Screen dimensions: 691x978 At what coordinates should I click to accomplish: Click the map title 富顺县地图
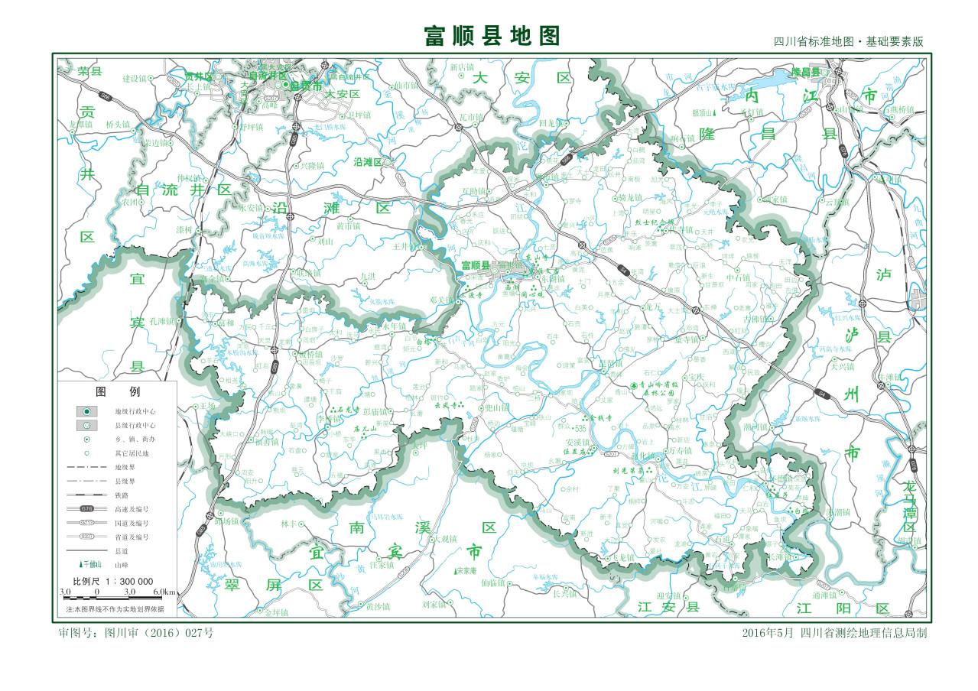click(492, 36)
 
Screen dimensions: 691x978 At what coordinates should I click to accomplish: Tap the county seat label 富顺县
click(475, 265)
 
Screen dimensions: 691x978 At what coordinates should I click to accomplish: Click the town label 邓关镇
click(441, 300)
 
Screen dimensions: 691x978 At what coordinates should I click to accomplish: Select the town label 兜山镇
click(497, 407)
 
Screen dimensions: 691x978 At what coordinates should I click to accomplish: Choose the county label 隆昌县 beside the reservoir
click(805, 71)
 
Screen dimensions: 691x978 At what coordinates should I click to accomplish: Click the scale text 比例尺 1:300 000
click(118, 581)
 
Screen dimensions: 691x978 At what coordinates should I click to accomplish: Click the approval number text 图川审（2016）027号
click(136, 633)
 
